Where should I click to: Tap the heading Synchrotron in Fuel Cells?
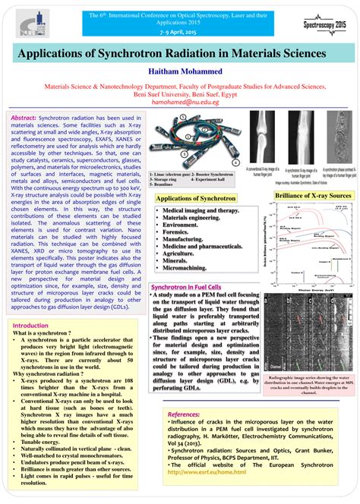[x=187, y=266]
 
